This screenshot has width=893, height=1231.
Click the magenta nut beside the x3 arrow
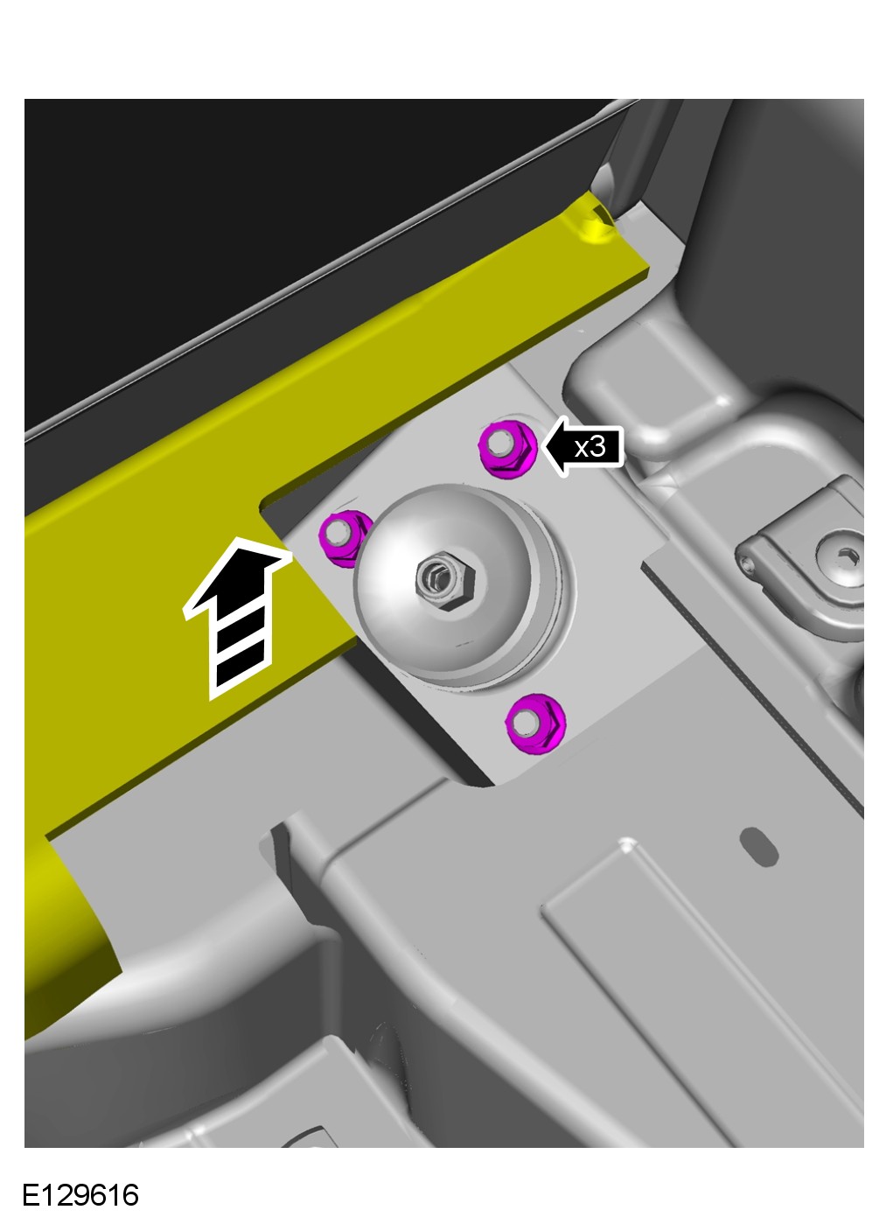point(507,449)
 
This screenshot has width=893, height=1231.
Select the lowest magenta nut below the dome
point(535,724)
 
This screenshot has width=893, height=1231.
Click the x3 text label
point(590,447)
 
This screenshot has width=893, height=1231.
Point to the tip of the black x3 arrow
point(543,446)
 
